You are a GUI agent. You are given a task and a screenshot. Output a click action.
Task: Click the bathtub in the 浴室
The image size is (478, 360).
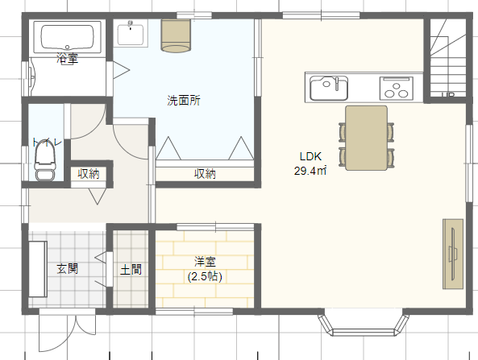[x=67, y=38]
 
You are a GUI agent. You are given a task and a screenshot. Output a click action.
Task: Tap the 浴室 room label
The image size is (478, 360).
[x=67, y=58]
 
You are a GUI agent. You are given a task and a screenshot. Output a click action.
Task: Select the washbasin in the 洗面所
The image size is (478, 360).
[x=131, y=34]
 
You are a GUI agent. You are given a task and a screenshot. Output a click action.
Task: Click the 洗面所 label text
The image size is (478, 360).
[x=184, y=100]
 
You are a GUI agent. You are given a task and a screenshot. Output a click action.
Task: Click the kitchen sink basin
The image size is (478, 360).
[x=329, y=88]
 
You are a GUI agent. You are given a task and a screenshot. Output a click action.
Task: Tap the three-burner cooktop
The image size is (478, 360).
[x=397, y=89]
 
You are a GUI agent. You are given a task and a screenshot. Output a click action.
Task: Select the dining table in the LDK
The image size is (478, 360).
[x=367, y=138]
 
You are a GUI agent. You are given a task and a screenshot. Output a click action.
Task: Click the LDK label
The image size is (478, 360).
[x=310, y=156]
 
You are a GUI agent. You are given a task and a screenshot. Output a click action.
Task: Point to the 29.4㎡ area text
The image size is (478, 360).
[x=310, y=171]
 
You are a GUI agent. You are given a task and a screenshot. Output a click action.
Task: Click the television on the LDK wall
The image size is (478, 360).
[x=453, y=254]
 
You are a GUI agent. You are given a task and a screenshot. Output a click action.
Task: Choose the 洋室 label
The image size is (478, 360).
[x=205, y=262]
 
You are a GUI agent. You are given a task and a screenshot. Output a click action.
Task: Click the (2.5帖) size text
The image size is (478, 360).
[x=205, y=276]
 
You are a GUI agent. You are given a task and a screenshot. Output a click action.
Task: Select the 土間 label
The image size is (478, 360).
[x=131, y=270]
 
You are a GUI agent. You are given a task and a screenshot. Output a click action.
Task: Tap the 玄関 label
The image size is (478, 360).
[x=68, y=269]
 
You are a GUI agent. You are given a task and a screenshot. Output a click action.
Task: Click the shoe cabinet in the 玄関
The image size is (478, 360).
[x=38, y=269]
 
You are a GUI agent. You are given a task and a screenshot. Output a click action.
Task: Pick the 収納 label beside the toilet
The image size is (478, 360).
[x=89, y=174]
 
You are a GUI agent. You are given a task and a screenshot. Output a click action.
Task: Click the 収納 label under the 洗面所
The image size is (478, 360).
[x=205, y=174]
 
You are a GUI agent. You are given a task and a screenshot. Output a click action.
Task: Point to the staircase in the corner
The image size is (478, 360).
[x=448, y=58]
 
